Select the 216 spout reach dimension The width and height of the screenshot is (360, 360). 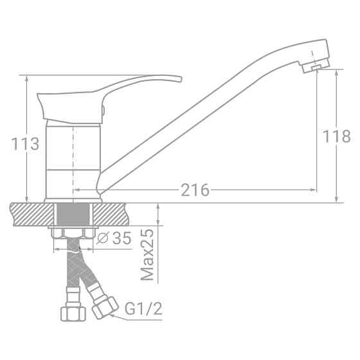click(195, 190)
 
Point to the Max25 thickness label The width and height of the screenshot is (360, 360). click(148, 255)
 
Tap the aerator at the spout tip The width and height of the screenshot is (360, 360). click(314, 67)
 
